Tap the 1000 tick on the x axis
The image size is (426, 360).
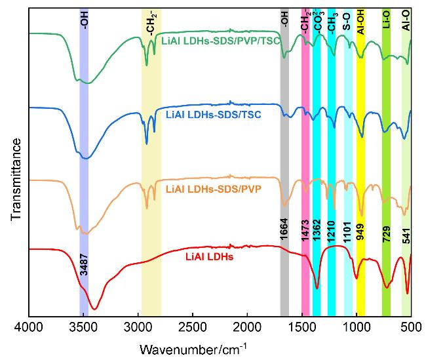(357, 326)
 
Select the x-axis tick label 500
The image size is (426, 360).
(411, 326)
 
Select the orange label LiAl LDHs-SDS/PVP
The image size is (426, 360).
(214, 189)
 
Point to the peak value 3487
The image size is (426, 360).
(83, 262)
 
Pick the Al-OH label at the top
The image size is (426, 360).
(360, 22)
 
